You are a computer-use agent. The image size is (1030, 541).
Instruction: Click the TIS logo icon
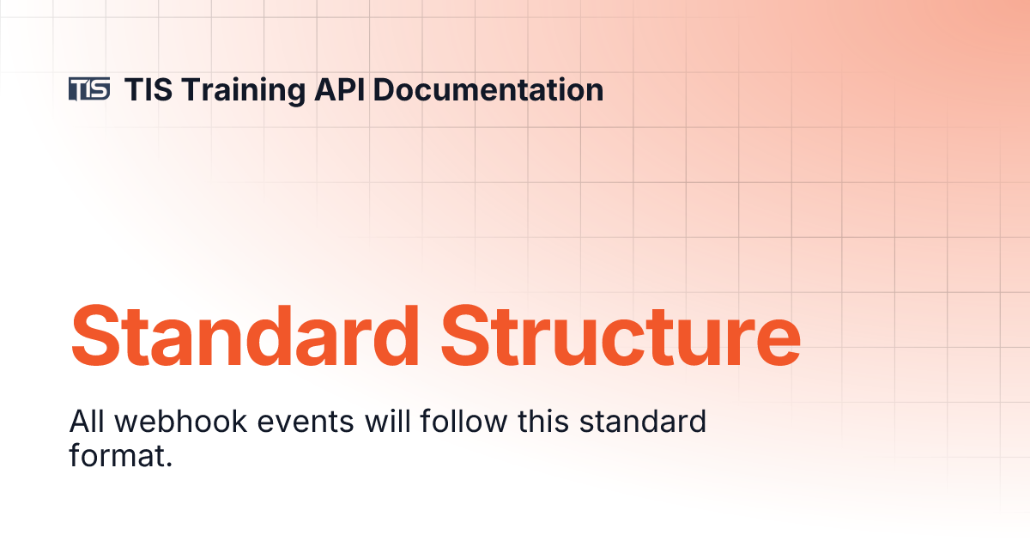(89, 88)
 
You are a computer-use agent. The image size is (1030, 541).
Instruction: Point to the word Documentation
(488, 89)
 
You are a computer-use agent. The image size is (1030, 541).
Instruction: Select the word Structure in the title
(622, 334)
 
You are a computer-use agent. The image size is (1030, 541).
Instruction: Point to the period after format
(169, 464)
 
